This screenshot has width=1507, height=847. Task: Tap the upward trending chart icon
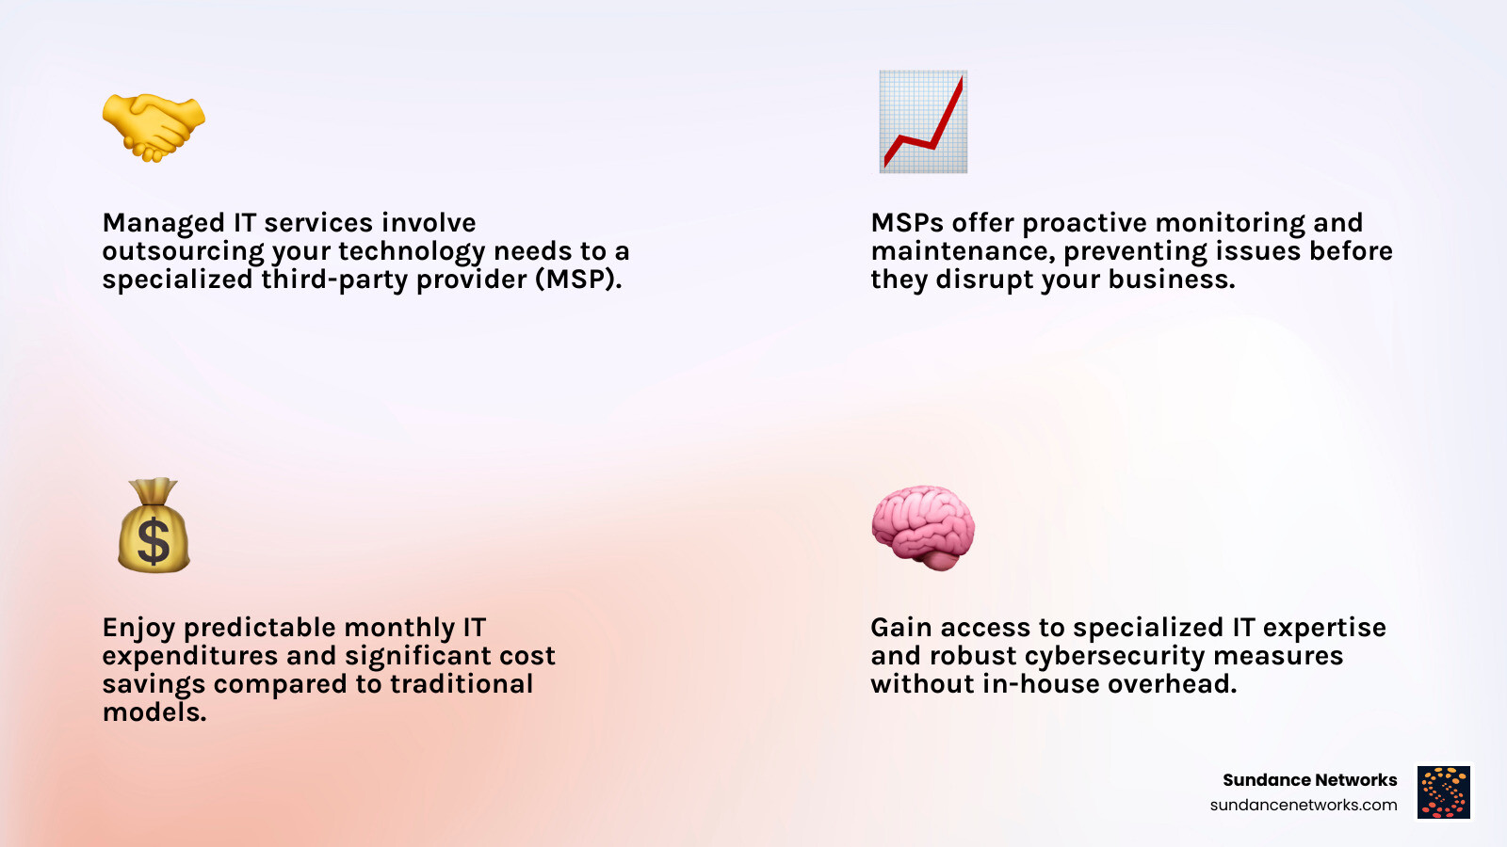924,121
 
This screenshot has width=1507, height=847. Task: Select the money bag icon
154,525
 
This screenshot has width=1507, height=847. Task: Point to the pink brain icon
923,528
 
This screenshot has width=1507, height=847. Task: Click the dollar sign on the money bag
154,541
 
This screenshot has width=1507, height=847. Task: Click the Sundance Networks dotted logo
1444,791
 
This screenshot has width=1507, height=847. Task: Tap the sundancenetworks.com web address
1304,805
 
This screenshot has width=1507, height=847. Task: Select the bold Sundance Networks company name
1309,780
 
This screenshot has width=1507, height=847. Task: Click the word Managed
164,223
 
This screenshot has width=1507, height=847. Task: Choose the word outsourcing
183,251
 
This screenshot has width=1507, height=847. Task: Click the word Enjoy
138,628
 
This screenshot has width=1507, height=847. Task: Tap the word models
154,711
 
